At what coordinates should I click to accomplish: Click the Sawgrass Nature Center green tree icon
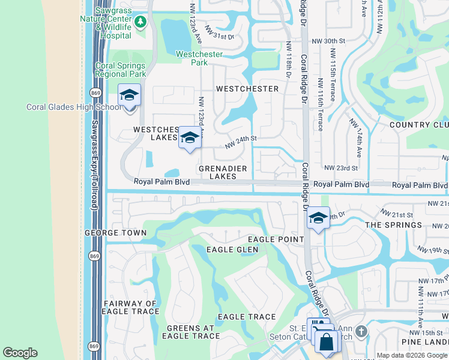140,22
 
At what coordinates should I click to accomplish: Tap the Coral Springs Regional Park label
120,70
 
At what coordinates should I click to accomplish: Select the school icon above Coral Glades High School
129,95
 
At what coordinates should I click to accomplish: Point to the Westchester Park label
199,58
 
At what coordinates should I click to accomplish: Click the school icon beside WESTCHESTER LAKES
190,139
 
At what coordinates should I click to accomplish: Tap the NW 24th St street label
241,142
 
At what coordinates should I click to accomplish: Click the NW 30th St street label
334,41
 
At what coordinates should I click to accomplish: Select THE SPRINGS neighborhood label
394,225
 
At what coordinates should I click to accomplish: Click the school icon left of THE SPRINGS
318,218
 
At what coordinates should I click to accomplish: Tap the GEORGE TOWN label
115,233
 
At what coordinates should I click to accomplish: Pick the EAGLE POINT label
274,239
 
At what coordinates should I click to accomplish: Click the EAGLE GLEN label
232,250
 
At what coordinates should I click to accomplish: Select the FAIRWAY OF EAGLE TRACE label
131,307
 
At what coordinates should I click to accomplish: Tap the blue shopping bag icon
327,343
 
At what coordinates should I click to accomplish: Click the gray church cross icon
360,331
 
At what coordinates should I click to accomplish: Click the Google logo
20,353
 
